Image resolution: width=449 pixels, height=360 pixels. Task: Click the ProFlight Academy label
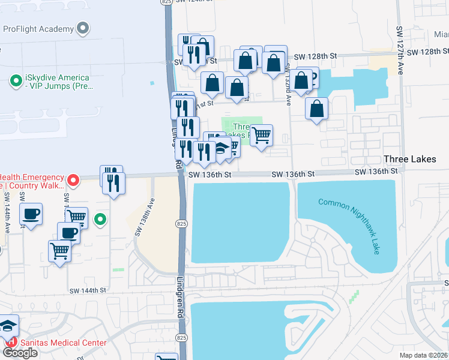point(37,29)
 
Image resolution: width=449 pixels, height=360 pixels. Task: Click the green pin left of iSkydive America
point(16,79)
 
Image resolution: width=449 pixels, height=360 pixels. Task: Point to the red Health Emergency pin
point(73,179)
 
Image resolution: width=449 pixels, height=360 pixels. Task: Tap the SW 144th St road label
point(86,290)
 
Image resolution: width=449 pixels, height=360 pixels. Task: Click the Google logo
point(20,353)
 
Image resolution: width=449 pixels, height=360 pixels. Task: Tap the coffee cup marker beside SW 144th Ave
point(31,214)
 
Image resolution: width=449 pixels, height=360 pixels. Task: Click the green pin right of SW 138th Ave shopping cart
point(101,220)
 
